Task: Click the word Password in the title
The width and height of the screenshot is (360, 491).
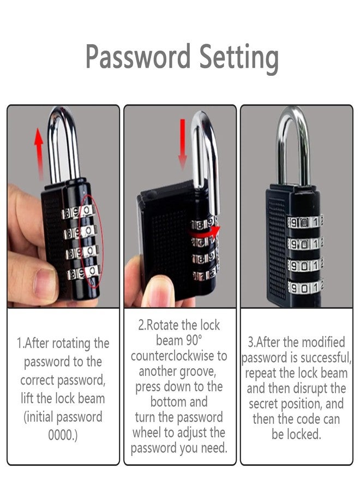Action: [138, 56]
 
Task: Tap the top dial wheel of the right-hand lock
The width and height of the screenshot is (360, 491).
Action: [305, 222]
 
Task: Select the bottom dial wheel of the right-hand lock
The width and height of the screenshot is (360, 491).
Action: [305, 285]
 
